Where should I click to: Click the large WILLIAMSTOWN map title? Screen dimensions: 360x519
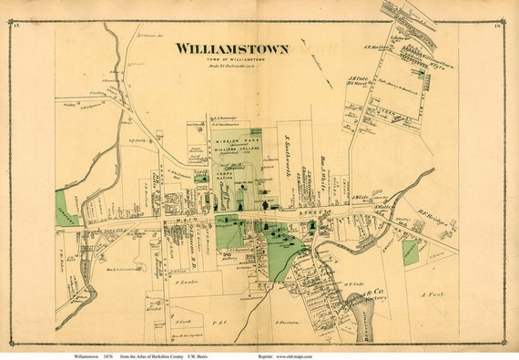coord(232,47)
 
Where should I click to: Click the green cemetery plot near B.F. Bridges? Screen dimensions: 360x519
coord(411,252)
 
